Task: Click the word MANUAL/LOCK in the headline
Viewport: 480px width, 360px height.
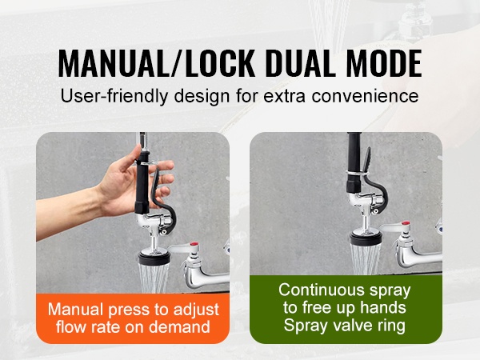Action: (x=157, y=62)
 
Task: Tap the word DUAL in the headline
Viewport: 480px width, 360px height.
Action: (x=298, y=62)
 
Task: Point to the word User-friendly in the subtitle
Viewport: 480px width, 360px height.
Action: (x=114, y=96)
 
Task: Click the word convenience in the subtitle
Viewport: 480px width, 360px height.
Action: (x=366, y=96)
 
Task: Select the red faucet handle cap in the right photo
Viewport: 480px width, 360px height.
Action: (x=406, y=223)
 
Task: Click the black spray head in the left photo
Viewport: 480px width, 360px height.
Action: (x=154, y=258)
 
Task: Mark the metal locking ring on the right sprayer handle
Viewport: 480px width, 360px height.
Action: (x=356, y=174)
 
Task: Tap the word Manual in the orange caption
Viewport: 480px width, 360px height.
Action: (x=76, y=310)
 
